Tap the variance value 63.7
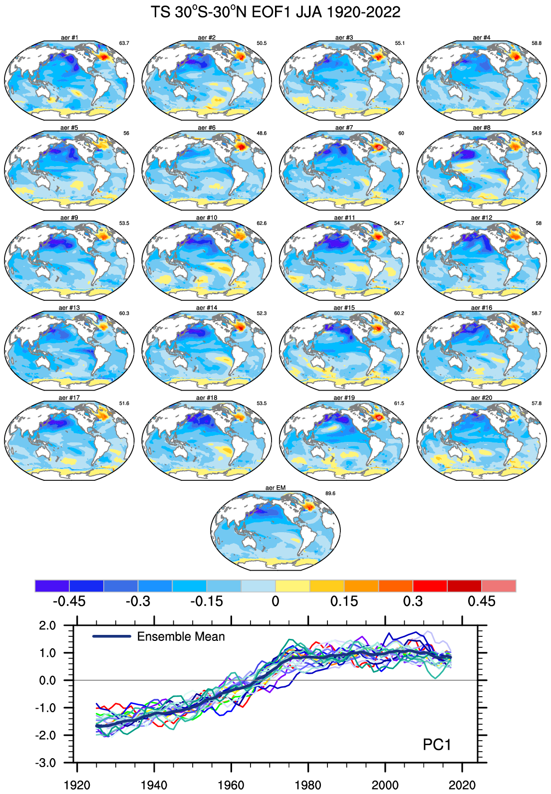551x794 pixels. [x=124, y=43]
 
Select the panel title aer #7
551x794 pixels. [x=344, y=128]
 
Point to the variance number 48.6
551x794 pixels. [x=262, y=133]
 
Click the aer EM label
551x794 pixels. [x=275, y=488]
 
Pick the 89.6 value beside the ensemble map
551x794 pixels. [x=330, y=493]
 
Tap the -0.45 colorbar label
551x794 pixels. [x=69, y=601]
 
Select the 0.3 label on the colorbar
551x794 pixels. [x=413, y=601]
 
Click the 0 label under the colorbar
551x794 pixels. [x=275, y=601]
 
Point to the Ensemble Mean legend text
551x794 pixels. [x=181, y=637]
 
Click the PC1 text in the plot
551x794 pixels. [x=437, y=745]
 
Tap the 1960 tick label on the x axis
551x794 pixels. [x=231, y=785]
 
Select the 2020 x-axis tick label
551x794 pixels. [x=462, y=785]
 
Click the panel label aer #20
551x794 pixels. [x=482, y=397]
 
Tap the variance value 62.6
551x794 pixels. [x=262, y=223]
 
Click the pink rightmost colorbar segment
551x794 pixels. [x=499, y=586]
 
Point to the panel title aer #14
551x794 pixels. [x=207, y=308]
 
